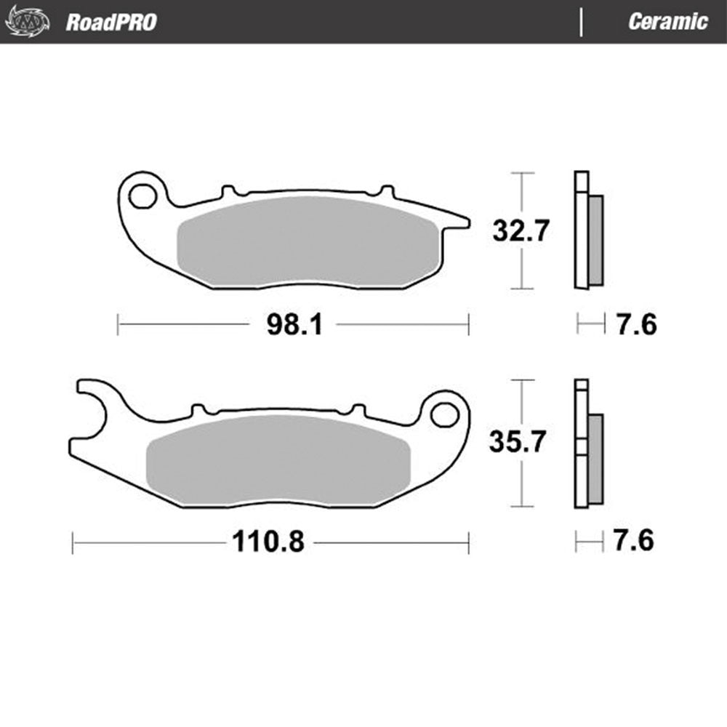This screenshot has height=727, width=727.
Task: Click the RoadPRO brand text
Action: tap(111, 22)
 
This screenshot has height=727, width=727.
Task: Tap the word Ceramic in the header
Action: tap(667, 22)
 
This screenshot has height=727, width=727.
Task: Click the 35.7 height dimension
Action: tap(517, 442)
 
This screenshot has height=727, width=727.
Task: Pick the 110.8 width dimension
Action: tap(268, 542)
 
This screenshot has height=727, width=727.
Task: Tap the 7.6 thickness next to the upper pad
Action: tap(636, 325)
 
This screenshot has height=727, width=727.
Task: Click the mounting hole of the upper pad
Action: tap(142, 195)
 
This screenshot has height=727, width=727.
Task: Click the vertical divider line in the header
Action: tap(581, 22)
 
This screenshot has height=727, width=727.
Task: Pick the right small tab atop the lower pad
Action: tap(358, 410)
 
